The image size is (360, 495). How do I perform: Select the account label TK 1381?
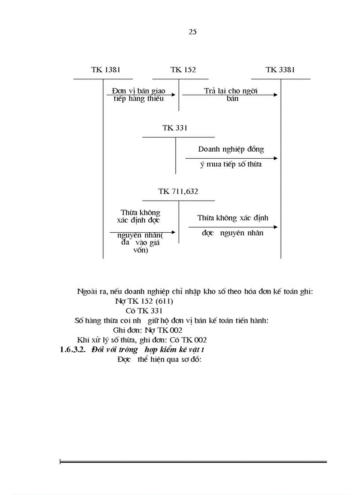tap(106, 70)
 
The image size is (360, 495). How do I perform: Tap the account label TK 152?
tap(183, 70)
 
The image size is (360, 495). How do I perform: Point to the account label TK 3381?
tap(281, 70)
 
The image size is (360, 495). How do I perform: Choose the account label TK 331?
tap(175, 128)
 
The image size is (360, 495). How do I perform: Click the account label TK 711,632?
tap(178, 191)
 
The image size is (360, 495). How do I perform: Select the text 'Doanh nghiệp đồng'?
tap(231, 149)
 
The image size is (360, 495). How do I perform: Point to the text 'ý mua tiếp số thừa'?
tap(231, 164)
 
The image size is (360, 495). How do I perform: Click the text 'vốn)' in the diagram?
tap(140, 250)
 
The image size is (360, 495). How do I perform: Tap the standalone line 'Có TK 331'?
tap(138, 311)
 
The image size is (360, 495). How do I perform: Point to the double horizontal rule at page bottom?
tap(193, 462)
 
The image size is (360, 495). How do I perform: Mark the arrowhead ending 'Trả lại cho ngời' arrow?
tap(276, 95)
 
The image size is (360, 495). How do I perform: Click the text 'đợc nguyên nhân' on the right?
tap(232, 233)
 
